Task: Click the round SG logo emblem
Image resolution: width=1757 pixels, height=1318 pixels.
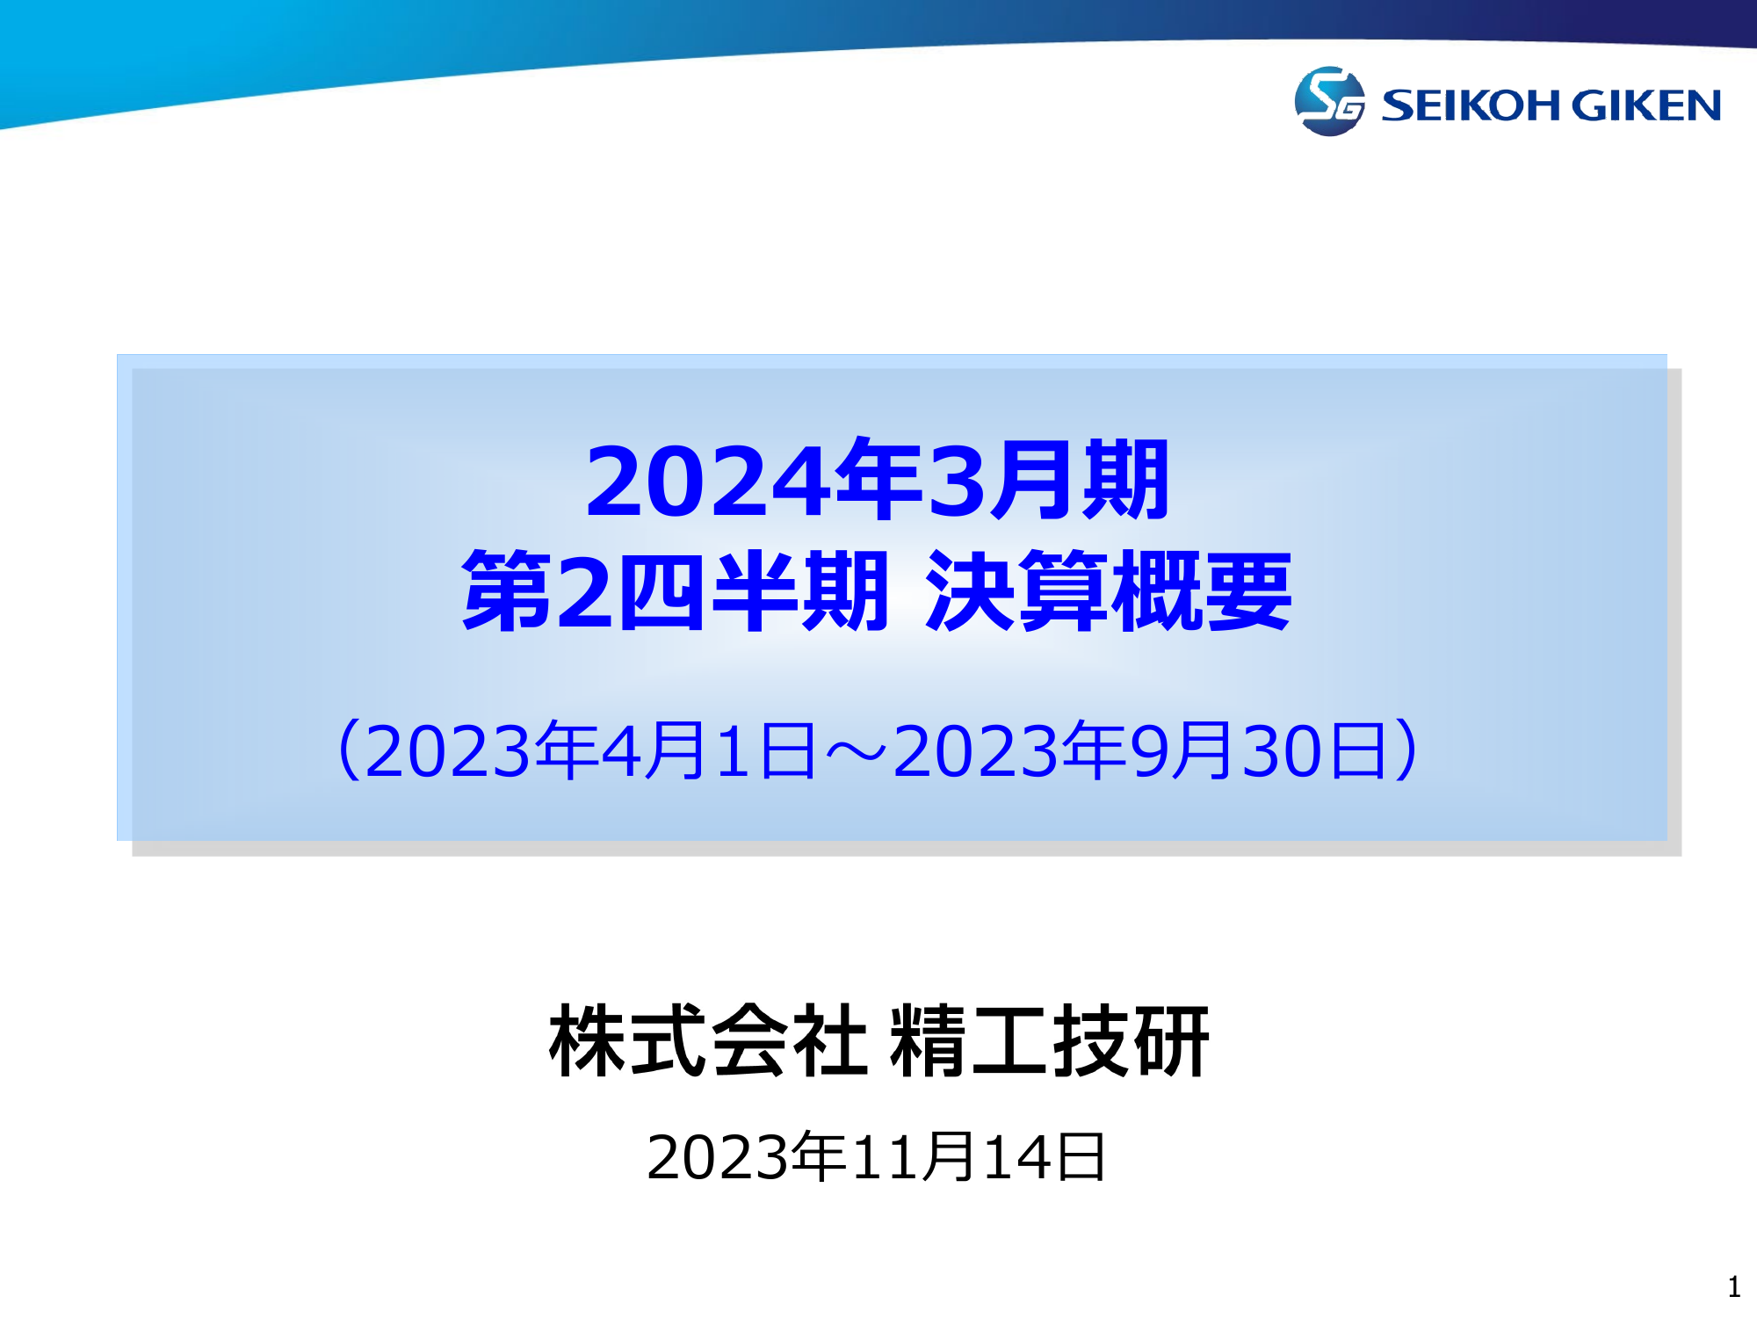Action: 1329,101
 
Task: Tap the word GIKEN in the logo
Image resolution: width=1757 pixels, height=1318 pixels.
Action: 1645,105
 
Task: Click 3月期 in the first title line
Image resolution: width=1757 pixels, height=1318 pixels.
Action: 1048,480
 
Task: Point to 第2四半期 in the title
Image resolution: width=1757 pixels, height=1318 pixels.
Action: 675,590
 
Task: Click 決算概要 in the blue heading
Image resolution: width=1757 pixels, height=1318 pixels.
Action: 1109,590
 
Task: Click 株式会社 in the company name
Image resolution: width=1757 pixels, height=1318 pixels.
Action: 708,1041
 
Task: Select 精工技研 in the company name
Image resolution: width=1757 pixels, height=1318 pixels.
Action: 1050,1041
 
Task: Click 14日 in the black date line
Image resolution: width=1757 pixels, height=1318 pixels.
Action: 1044,1156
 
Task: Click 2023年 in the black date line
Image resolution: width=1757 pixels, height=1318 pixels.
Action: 746,1156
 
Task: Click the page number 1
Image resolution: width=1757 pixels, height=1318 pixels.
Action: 1733,1287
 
